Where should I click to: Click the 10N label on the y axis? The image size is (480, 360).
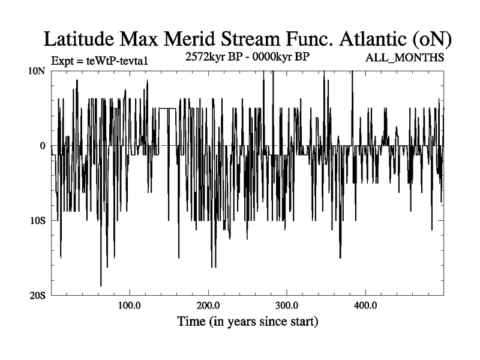tap(40, 71)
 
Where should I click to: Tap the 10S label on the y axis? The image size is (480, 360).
tap(40, 221)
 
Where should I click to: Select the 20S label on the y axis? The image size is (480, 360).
tap(40, 295)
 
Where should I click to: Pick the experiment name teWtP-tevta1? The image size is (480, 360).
tap(107, 61)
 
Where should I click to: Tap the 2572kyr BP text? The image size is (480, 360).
tap(212, 58)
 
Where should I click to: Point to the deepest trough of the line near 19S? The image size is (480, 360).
tap(101, 286)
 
